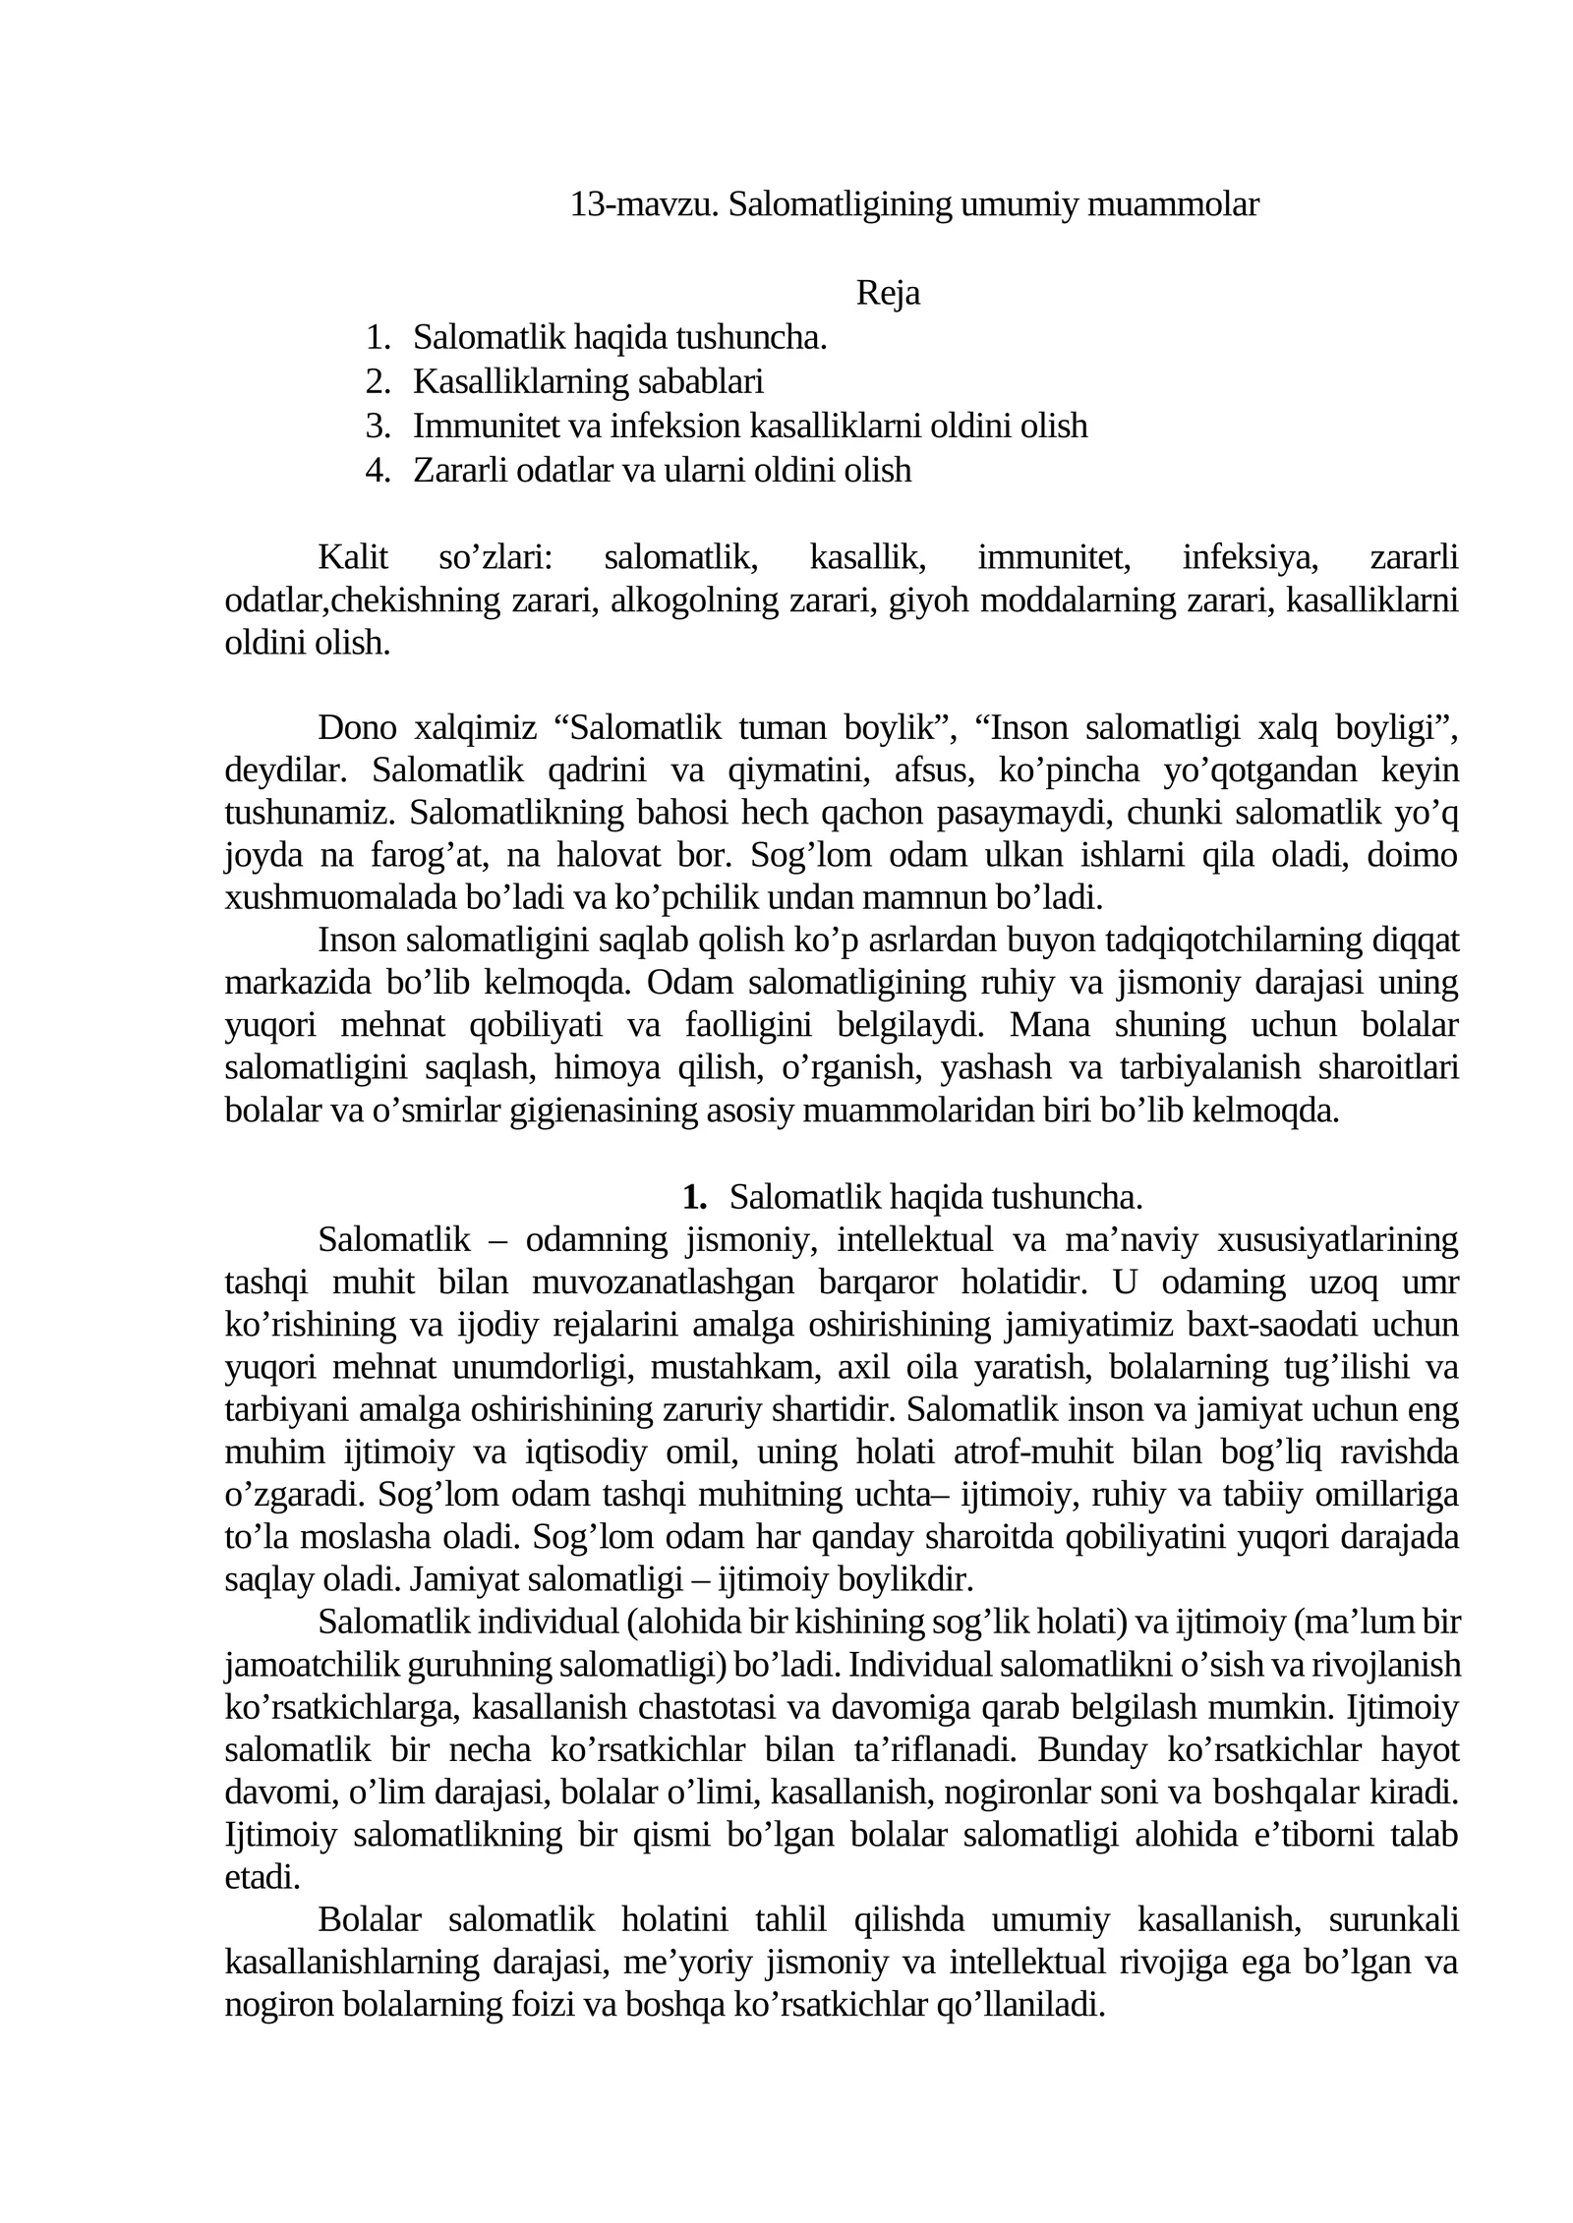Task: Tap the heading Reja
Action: coord(888,293)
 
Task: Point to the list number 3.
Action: coord(378,426)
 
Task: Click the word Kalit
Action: coord(353,557)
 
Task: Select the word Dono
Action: coord(357,728)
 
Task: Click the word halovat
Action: coord(615,855)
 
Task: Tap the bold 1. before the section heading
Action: coord(695,1197)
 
